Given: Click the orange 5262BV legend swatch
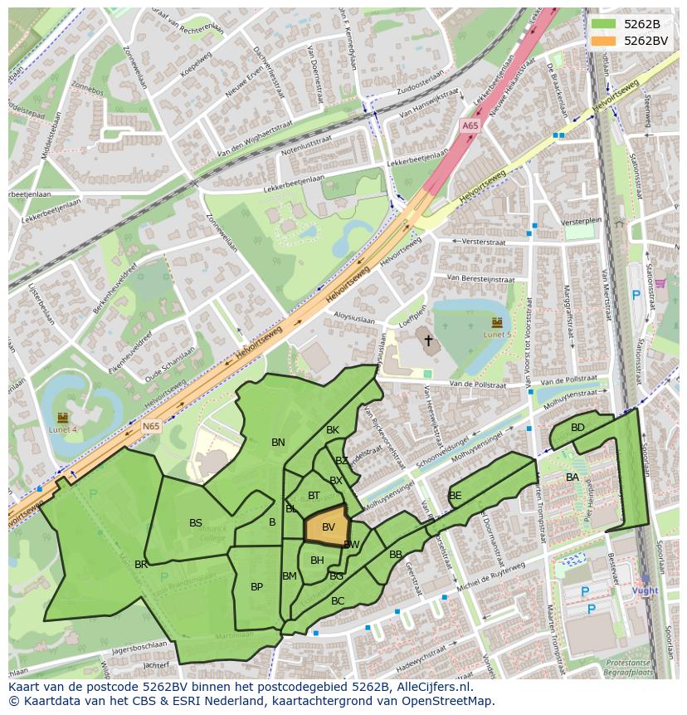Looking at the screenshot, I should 603,40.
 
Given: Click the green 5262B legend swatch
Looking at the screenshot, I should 603,23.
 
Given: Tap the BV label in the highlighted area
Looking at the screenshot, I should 329,527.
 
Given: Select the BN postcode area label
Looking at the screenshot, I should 278,443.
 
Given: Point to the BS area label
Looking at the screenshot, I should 196,523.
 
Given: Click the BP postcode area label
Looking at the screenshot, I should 256,587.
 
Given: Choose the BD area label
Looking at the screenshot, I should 577,428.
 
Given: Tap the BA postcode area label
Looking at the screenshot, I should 572,477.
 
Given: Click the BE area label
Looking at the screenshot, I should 455,496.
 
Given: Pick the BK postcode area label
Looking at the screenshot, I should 333,430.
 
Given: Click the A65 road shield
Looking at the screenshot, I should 470,125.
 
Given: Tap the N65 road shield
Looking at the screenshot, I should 150,426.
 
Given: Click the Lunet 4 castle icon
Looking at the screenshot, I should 62,417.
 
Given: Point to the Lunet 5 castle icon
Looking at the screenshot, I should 497,321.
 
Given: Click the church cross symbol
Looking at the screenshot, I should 428,340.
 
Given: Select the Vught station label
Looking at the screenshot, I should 645,590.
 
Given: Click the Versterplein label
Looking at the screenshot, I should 580,223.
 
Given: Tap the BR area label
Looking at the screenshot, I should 141,565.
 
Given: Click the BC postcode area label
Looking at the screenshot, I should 338,600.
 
